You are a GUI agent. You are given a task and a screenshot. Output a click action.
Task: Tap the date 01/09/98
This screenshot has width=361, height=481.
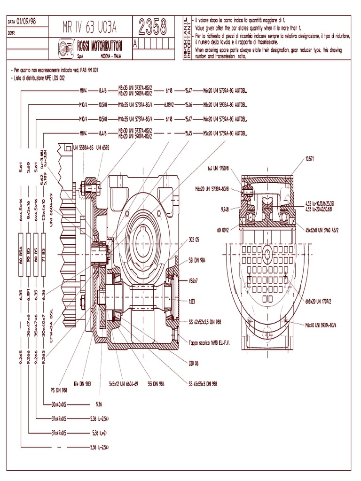click(26, 22)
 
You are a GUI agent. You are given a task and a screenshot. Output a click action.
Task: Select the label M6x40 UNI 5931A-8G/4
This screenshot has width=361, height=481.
click(324, 324)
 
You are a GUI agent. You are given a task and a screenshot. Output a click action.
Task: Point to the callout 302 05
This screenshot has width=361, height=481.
click(194, 240)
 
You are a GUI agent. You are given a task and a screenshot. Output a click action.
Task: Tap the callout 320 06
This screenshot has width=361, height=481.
click(194, 363)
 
